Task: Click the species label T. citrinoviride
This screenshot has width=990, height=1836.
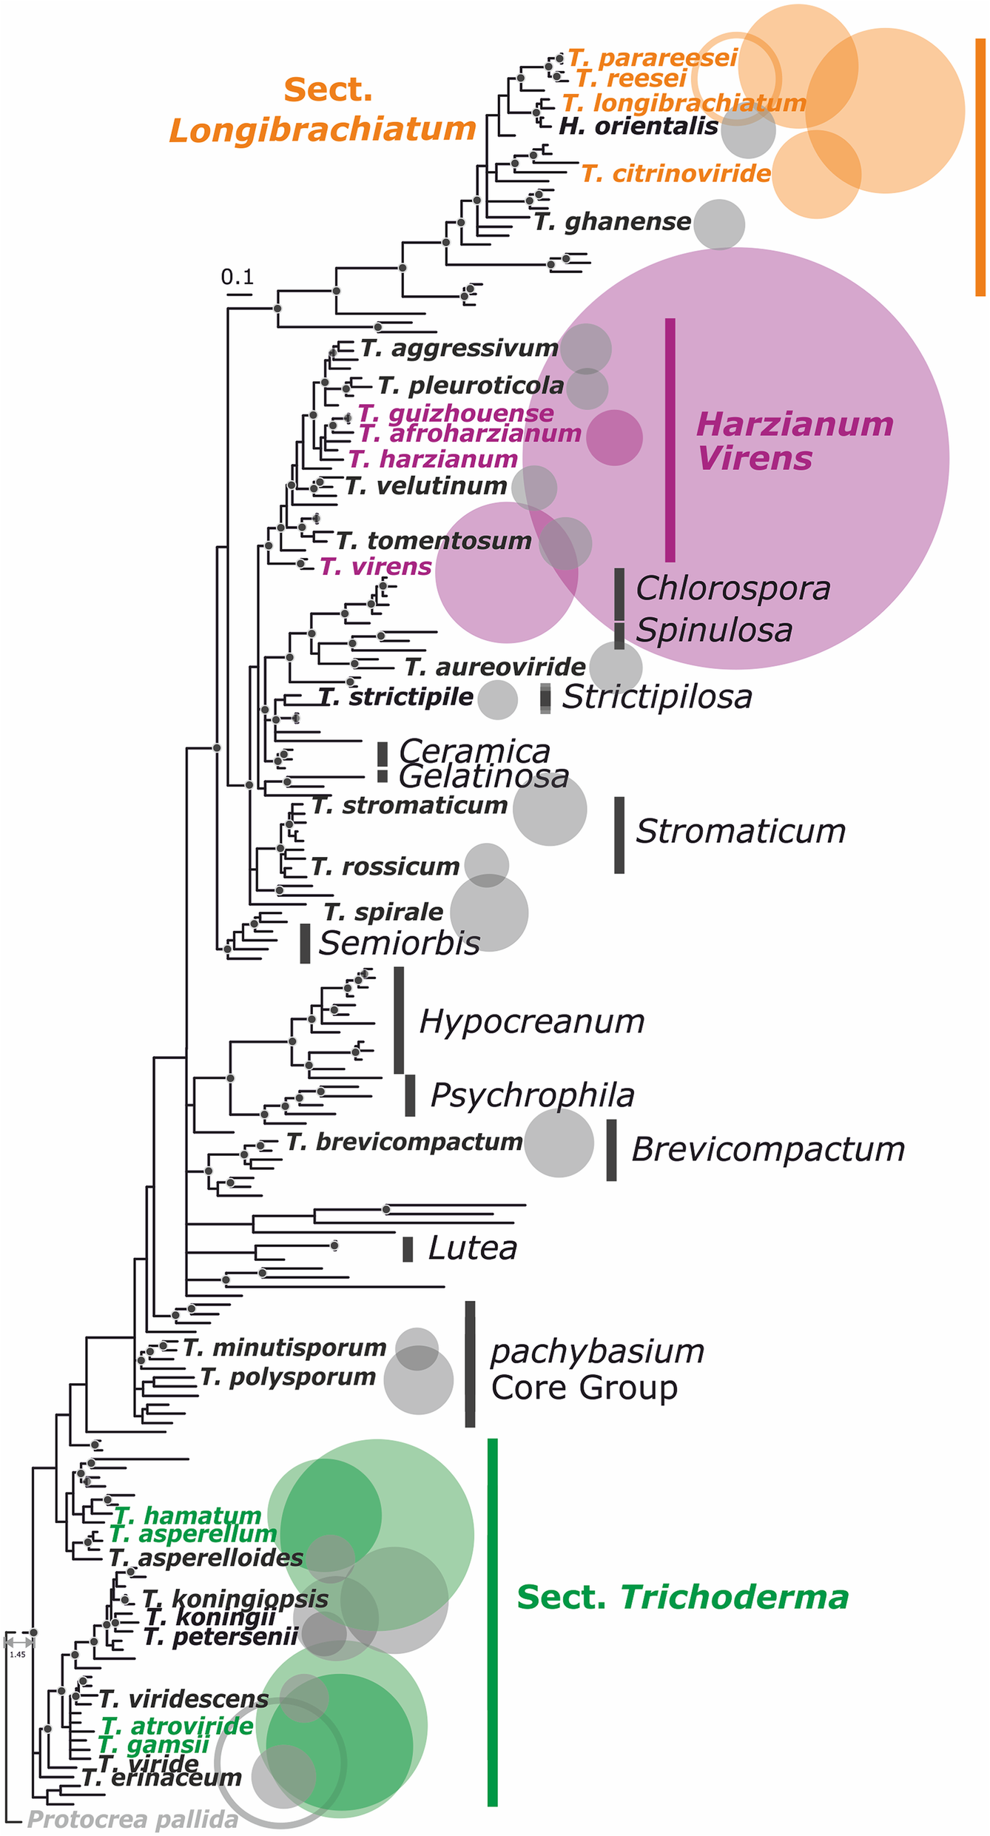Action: tap(676, 174)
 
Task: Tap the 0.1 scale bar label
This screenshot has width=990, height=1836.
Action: tap(238, 278)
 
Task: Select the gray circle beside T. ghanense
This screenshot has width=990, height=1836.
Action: tap(719, 224)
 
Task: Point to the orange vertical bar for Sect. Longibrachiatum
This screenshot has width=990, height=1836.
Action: tap(980, 167)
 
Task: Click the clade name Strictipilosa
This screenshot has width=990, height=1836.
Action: tap(657, 697)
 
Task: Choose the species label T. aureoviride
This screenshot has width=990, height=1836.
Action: tap(495, 668)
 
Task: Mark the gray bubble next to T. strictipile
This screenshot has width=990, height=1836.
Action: tap(497, 699)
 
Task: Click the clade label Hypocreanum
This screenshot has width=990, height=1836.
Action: tap(532, 1022)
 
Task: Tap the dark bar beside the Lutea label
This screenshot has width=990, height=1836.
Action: tap(408, 1249)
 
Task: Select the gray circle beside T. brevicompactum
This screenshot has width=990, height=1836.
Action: tap(559, 1143)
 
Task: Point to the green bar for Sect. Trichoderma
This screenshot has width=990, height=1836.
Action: tap(493, 1621)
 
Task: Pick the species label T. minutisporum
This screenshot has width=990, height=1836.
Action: tap(285, 1348)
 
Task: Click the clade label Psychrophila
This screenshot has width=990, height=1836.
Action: tap(533, 1095)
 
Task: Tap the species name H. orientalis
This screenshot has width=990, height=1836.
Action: tap(639, 127)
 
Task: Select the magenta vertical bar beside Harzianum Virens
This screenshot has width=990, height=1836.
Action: tap(670, 440)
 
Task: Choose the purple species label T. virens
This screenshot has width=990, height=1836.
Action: tap(376, 567)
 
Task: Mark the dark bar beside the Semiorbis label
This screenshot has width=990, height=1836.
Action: tap(305, 944)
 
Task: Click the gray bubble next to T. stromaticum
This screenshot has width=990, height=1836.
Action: tap(550, 809)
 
